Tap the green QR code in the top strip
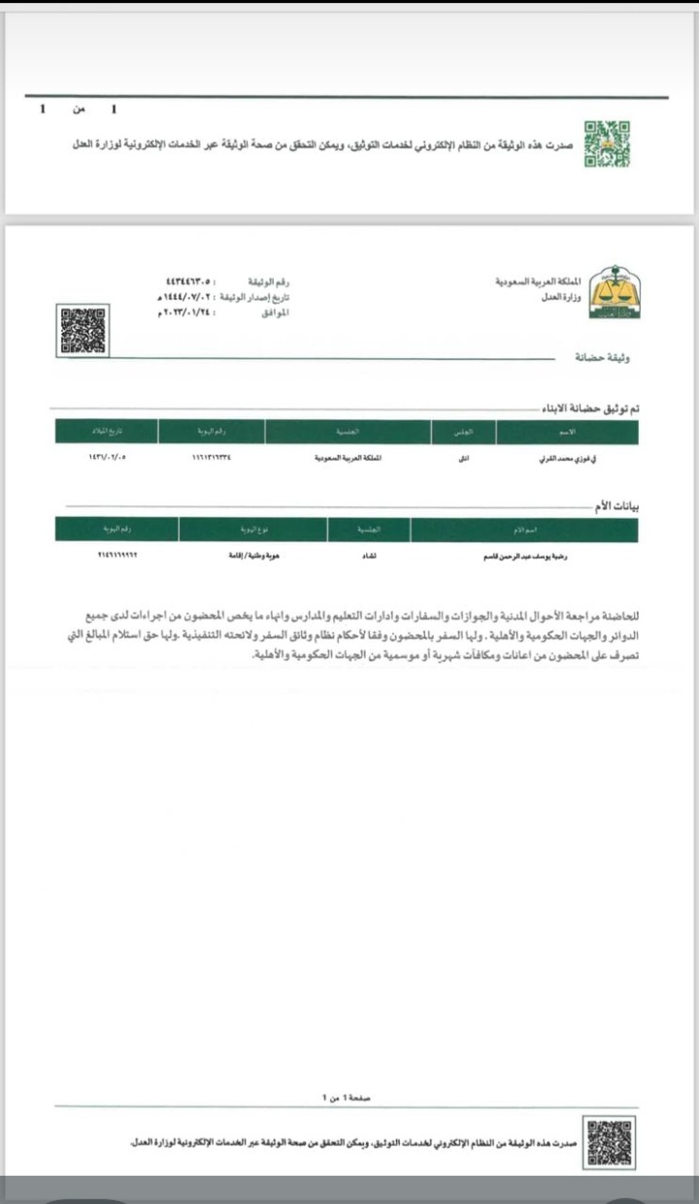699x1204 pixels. tap(607, 144)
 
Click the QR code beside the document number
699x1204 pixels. tap(83, 330)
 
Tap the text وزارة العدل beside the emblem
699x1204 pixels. tap(562, 298)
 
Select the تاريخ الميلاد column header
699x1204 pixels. tap(106, 431)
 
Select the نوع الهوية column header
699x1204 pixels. tap(253, 530)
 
